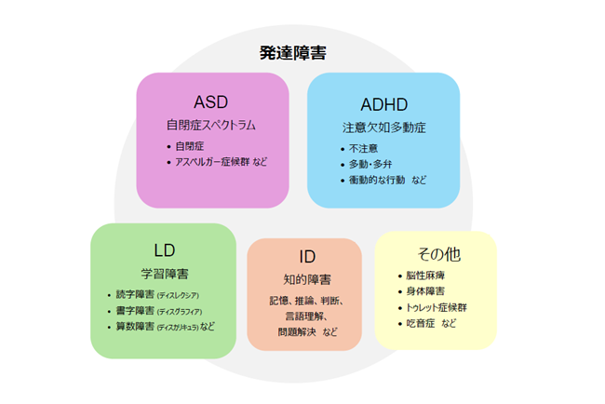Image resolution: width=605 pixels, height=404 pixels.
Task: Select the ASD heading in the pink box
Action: point(211,101)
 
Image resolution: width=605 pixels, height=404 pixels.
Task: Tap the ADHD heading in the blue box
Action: point(383,103)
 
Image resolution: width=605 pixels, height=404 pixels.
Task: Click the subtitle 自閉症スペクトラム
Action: point(211,124)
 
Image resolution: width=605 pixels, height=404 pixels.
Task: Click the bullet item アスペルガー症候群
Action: point(213,161)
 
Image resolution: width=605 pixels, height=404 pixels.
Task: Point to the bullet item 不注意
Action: point(362,148)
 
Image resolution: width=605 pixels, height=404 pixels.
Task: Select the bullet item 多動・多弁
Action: point(370,164)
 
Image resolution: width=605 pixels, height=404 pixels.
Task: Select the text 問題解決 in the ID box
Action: point(297,331)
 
